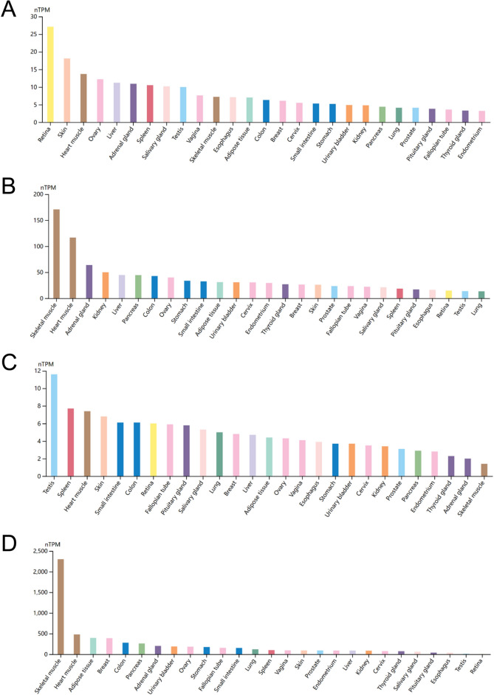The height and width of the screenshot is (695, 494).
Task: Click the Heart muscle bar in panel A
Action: (x=83, y=98)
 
